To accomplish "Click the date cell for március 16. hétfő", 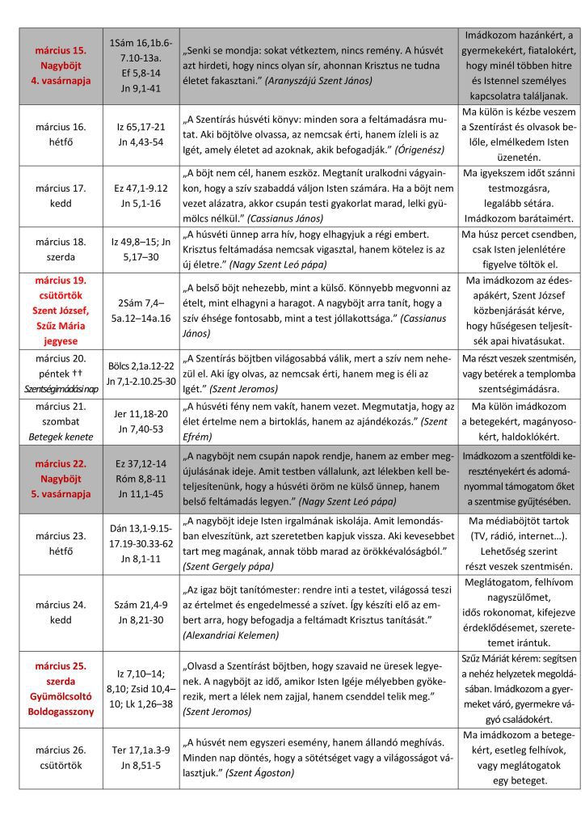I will tap(61, 135).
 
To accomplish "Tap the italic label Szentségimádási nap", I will tap(61, 388).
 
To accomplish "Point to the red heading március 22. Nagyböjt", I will tap(61, 479).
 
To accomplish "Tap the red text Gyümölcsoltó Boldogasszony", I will tap(61, 703).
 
